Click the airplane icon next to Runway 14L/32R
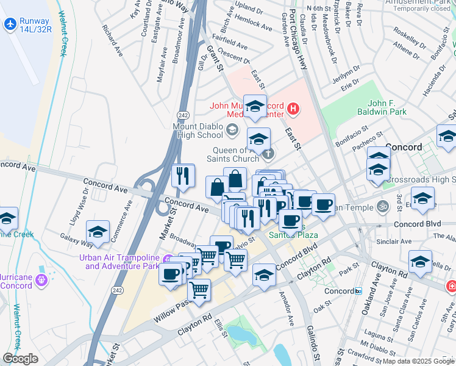10,24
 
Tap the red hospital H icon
293,109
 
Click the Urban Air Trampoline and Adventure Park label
119,261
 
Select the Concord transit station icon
358,291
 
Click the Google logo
20,359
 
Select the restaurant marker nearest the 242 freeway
183,176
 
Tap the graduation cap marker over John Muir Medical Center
255,106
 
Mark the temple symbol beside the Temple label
382,206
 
